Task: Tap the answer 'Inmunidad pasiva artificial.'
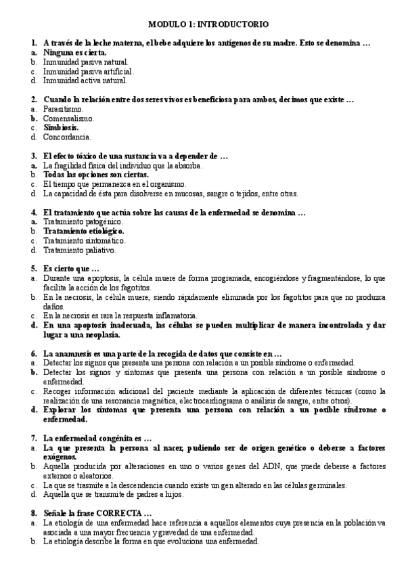pos(89,70)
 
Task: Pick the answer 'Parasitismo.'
pos(64,108)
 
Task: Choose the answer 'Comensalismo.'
pos(69,118)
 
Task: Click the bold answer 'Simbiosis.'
pos(61,127)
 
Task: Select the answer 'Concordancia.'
pos(67,137)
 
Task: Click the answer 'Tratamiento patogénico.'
pos(83,221)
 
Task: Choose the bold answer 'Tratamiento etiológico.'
pos(84,231)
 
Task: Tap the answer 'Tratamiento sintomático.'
pos(85,240)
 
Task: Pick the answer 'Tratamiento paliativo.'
pos(80,250)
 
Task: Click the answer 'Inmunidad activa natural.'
pos(85,80)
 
